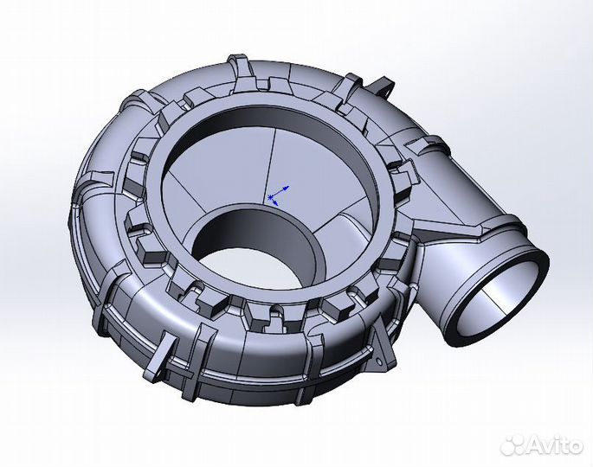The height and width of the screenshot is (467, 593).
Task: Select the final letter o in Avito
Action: [x=576, y=446]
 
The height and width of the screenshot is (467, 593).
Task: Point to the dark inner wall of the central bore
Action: [x=260, y=233]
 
